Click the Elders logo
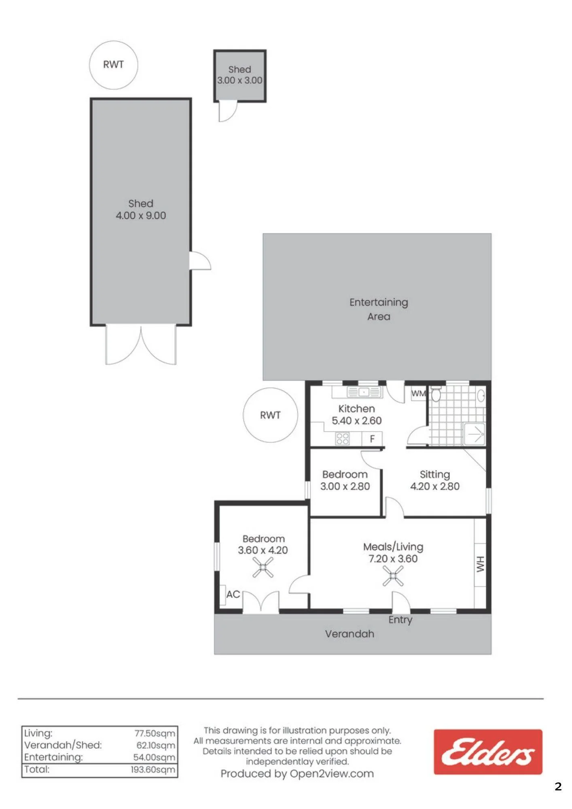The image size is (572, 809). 488,752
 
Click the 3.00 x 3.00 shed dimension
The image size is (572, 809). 239,80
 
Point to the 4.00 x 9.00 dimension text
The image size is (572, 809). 141,216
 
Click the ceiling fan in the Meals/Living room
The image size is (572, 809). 393,576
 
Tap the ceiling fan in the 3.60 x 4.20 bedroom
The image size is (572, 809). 263,568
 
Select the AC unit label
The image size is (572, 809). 233,594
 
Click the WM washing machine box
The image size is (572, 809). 419,393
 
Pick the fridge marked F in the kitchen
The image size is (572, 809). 372,438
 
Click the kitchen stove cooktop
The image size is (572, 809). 343,438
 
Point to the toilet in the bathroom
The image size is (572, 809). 436,393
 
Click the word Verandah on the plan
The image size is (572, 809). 350,634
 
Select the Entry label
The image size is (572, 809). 400,620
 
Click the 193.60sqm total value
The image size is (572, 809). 153,769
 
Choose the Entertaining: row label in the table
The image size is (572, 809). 53,757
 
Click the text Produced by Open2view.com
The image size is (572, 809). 297,774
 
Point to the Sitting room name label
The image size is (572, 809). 435,474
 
